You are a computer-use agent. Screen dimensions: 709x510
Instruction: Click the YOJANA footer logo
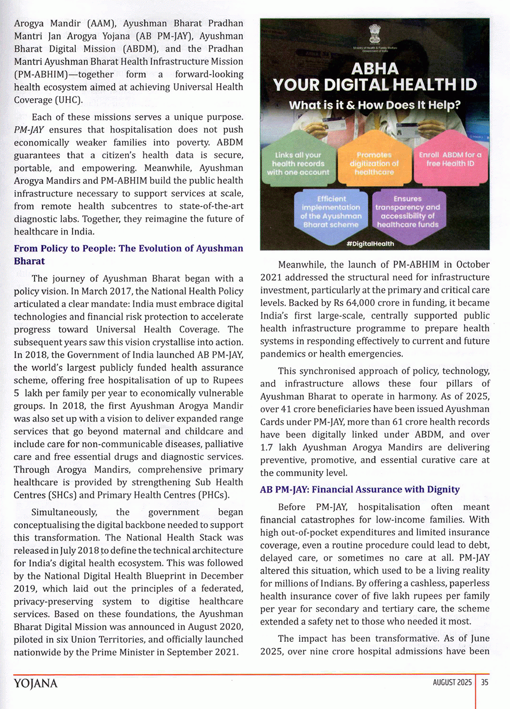(35, 683)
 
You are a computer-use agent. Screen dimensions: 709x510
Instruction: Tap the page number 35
(484, 682)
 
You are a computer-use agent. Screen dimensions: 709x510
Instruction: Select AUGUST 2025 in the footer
(452, 682)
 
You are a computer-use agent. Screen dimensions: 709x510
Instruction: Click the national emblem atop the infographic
(375, 35)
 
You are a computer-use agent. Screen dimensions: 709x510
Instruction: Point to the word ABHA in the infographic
(375, 69)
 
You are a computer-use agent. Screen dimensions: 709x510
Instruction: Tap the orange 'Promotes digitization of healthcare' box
(374, 164)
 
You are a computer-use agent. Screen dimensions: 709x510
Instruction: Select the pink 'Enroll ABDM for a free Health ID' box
(450, 159)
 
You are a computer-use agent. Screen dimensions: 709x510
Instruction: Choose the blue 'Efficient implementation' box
(331, 212)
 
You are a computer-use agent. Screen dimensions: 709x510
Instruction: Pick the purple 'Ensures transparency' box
(408, 212)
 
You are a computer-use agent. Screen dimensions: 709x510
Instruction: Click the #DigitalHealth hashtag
(370, 244)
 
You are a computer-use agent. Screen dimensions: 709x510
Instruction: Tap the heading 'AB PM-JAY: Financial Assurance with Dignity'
(360, 489)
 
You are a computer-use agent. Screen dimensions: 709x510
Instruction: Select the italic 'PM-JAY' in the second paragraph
(29, 130)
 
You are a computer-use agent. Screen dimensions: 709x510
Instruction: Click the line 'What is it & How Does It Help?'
(374, 105)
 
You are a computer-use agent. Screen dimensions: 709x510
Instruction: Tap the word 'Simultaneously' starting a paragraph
(64, 512)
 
